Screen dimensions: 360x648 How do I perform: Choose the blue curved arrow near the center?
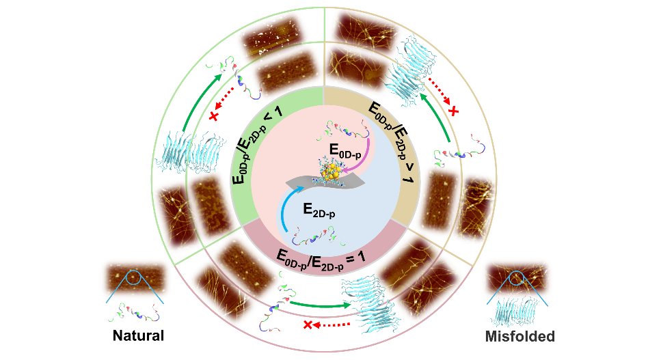pyautogui.click(x=287, y=205)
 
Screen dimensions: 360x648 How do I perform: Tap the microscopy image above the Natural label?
pyautogui.click(x=135, y=279)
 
